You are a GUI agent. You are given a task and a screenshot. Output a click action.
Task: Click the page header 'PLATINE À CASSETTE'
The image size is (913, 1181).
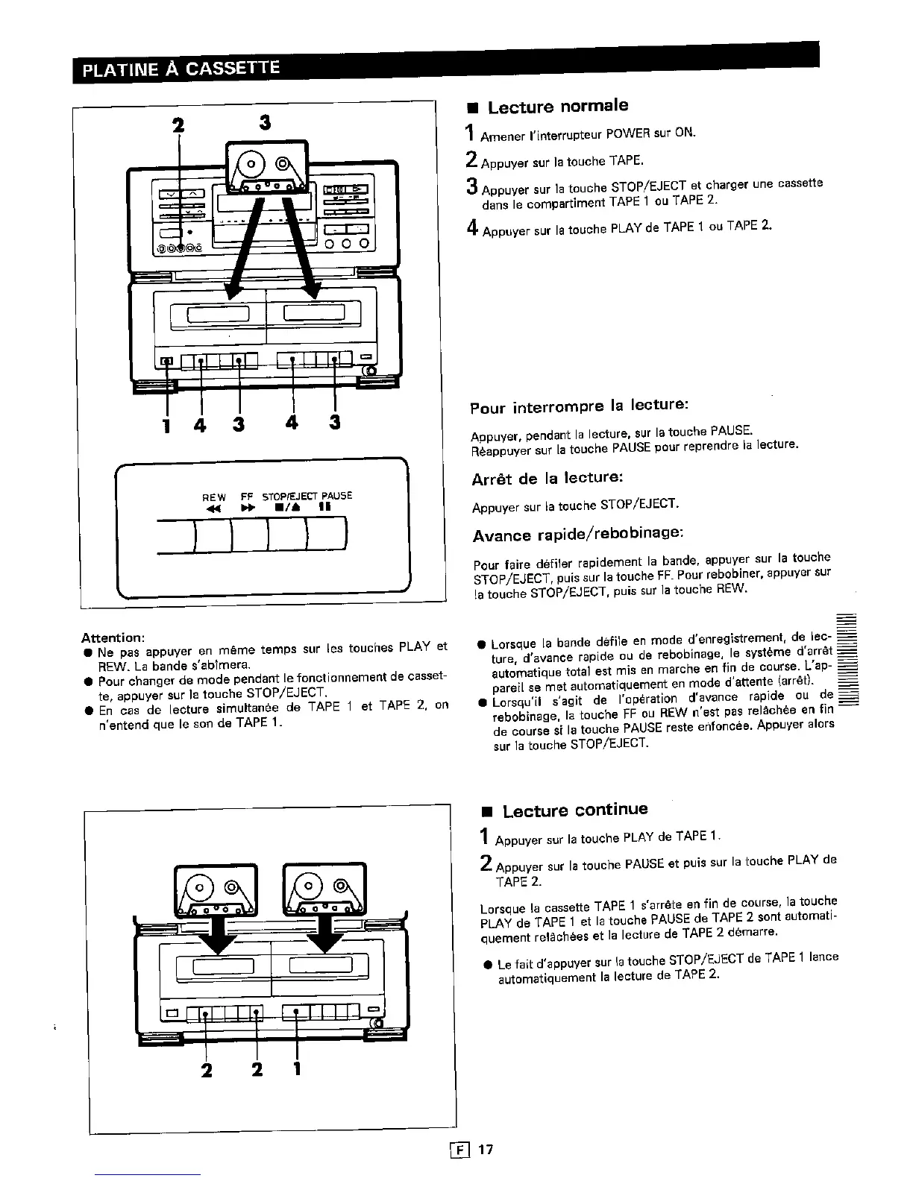pyautogui.click(x=180, y=70)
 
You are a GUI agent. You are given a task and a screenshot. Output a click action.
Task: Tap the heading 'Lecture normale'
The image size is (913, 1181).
pyautogui.click(x=557, y=107)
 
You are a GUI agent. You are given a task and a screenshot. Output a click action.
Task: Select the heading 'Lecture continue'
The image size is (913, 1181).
pyautogui.click(x=574, y=810)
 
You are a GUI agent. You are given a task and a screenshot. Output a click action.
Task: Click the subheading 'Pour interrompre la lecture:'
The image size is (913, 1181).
pyautogui.click(x=578, y=406)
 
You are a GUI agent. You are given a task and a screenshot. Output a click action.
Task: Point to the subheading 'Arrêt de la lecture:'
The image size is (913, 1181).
pyautogui.click(x=547, y=478)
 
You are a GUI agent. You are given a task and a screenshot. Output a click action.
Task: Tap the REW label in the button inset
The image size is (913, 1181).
pyautogui.click(x=214, y=496)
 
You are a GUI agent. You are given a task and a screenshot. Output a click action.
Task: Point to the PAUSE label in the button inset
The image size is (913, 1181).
pyautogui.click(x=337, y=496)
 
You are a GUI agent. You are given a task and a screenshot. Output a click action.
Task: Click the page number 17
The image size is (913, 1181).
pyautogui.click(x=486, y=1149)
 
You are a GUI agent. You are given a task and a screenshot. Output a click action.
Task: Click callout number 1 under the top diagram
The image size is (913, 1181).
pyautogui.click(x=166, y=425)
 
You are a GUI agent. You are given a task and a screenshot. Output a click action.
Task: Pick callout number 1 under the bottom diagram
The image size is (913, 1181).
pyautogui.click(x=296, y=1069)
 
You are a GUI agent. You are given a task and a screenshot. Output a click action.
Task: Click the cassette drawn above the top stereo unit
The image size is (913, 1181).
pyautogui.click(x=266, y=168)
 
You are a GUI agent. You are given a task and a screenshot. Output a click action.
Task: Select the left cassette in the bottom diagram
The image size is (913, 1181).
pyautogui.click(x=216, y=889)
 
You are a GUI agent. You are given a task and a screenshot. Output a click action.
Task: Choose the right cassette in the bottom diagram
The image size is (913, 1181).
pyautogui.click(x=325, y=889)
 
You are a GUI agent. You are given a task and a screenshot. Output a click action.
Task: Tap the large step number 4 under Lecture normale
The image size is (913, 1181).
pyautogui.click(x=472, y=228)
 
